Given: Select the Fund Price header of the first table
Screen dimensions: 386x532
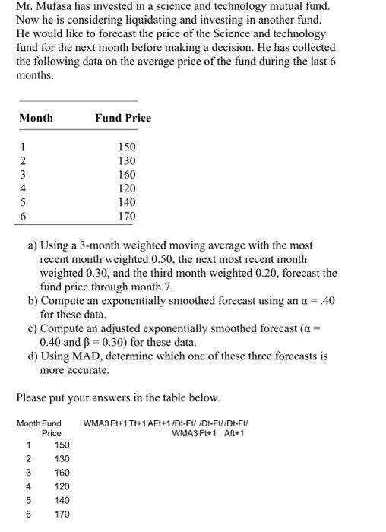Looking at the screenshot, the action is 123,118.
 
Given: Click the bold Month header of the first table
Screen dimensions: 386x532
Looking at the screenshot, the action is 36,118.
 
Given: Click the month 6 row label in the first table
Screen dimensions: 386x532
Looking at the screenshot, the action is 23,217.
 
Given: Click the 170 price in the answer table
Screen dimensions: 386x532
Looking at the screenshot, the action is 62,515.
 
